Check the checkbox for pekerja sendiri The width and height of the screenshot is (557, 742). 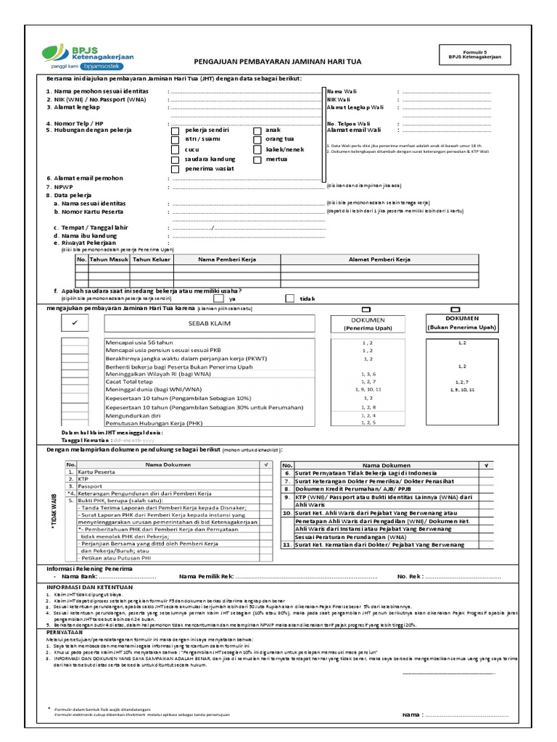point(175,131)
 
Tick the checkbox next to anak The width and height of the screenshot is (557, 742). point(257,131)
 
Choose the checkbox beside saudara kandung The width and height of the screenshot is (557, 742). point(175,159)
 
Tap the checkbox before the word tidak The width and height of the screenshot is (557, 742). point(290,298)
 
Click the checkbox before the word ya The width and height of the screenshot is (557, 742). point(218,298)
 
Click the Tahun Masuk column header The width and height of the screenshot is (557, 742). point(109,259)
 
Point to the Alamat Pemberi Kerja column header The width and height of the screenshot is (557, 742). point(379,259)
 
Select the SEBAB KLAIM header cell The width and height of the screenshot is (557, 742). point(209,324)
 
